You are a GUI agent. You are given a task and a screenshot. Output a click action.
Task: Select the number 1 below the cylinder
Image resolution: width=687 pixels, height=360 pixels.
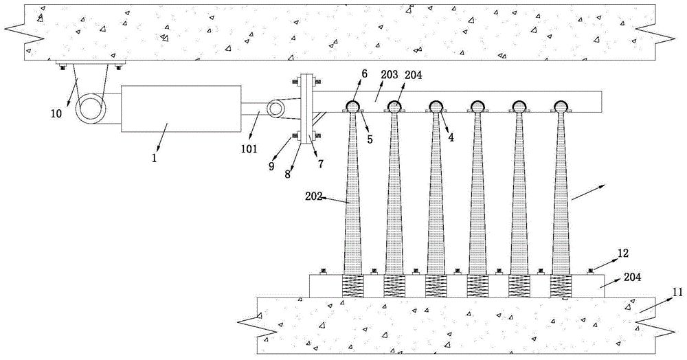pyautogui.click(x=155, y=157)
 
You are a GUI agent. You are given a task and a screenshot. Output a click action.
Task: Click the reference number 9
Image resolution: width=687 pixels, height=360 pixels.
pyautogui.click(x=272, y=166)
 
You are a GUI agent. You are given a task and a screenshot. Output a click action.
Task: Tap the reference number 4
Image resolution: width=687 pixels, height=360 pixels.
pyautogui.click(x=450, y=137)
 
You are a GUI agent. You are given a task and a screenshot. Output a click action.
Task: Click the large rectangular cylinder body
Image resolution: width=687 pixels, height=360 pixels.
pyautogui.click(x=181, y=109)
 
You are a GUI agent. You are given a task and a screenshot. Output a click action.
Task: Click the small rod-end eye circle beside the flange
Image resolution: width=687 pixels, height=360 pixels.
pyautogui.click(x=276, y=108)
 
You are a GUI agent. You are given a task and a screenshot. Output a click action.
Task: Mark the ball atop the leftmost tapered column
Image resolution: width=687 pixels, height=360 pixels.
pyautogui.click(x=352, y=106)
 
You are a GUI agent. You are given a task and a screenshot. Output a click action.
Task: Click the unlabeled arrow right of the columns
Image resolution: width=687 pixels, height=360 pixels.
pyautogui.click(x=588, y=193)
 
